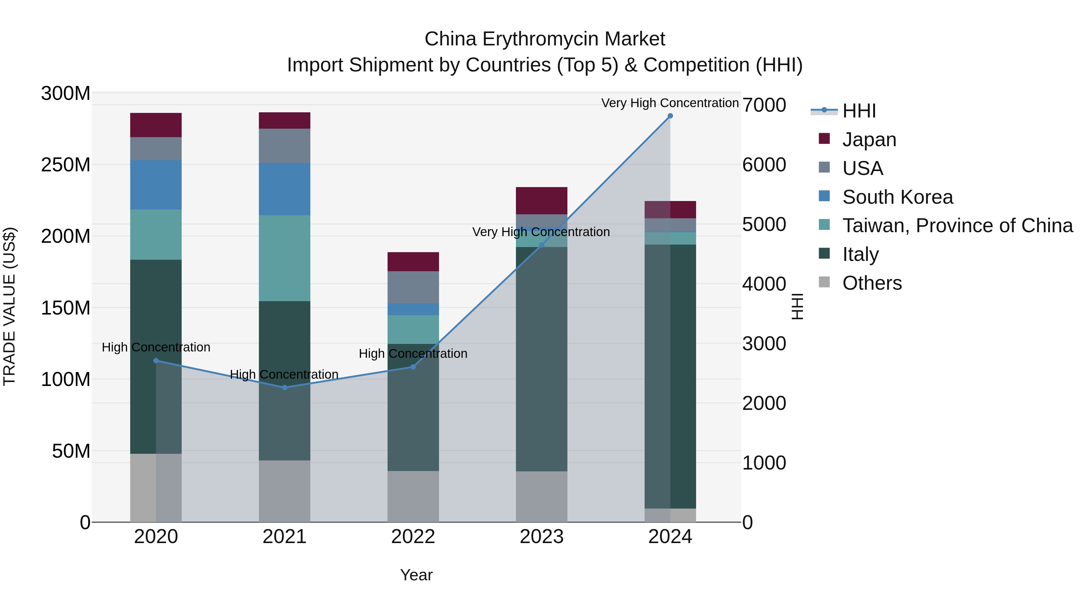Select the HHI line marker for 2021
pyautogui.click(x=284, y=387)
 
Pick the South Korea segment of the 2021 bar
pyautogui.click(x=284, y=189)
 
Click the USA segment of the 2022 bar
pyautogui.click(x=413, y=287)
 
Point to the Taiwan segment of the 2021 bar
pyautogui.click(x=284, y=258)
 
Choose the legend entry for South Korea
pyautogui.click(x=897, y=197)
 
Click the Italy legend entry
pyautogui.click(x=860, y=254)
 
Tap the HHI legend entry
pyautogui.click(x=859, y=111)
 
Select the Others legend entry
pyautogui.click(x=872, y=283)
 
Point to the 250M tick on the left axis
pyautogui.click(x=66, y=165)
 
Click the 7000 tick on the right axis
pyautogui.click(x=764, y=105)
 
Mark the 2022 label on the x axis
pyautogui.click(x=413, y=537)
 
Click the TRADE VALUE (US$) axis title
pyautogui.click(x=9, y=306)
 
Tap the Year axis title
pyautogui.click(x=416, y=575)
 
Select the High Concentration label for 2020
pyautogui.click(x=156, y=347)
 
